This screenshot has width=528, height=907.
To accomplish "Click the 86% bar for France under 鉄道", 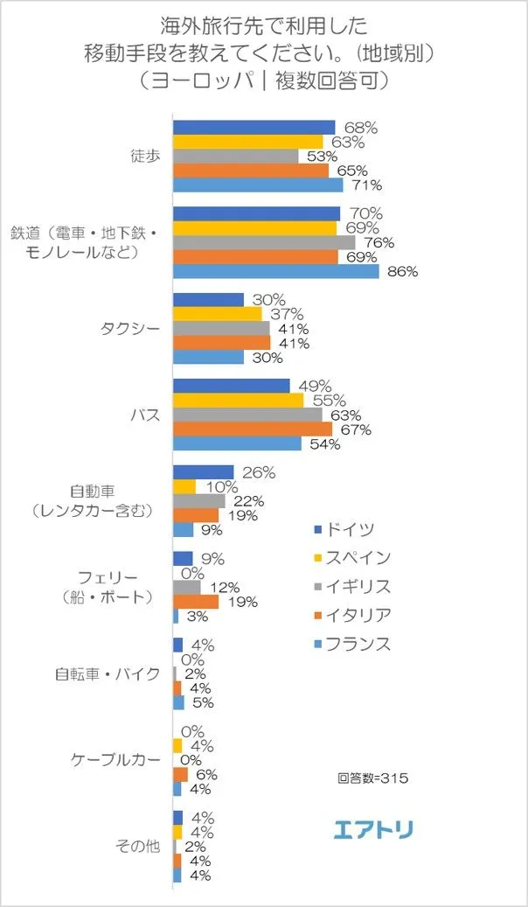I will tap(276, 272).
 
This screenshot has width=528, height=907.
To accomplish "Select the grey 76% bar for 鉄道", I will tap(264, 242).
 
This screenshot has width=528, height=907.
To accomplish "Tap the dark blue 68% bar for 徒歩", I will tap(254, 128).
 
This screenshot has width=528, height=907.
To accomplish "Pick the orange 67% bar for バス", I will tap(253, 429).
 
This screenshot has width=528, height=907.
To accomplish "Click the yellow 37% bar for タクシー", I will tap(218, 314).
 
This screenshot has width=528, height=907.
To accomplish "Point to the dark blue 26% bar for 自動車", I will tap(204, 472).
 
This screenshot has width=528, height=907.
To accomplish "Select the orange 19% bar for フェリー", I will tap(196, 602).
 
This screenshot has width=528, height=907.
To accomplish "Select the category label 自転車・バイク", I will tap(108, 674).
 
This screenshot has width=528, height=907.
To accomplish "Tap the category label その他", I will tap(137, 846).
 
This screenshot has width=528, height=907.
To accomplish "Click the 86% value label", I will tap(402, 272).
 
